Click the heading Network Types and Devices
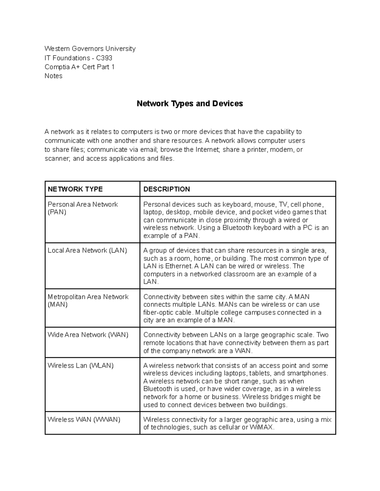[x=189, y=104]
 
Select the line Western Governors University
[x=90, y=49]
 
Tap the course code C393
[x=104, y=58]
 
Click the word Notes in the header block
[x=54, y=76]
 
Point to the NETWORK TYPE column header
[x=75, y=189]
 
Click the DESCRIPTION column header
[x=167, y=189]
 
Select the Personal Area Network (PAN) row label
[x=82, y=208]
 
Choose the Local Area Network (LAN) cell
[x=87, y=250]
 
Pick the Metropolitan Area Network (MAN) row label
[x=88, y=300]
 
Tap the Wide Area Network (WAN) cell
[x=88, y=335]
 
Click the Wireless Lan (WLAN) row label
[x=80, y=365]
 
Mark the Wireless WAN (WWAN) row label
[x=84, y=420]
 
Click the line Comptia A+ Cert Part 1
[x=79, y=67]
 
